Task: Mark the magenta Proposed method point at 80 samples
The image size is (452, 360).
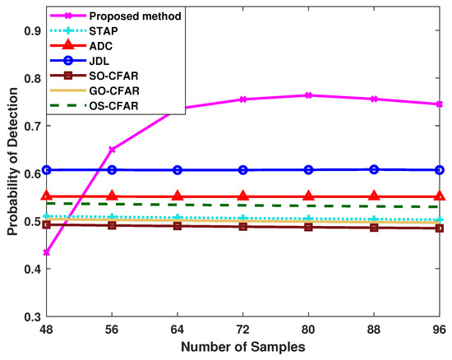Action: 308,95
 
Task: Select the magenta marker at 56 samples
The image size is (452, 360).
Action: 112,150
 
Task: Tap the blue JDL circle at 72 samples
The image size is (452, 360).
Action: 242,170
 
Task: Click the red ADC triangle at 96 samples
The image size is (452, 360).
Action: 439,196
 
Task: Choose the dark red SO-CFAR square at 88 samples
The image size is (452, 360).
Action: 374,227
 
